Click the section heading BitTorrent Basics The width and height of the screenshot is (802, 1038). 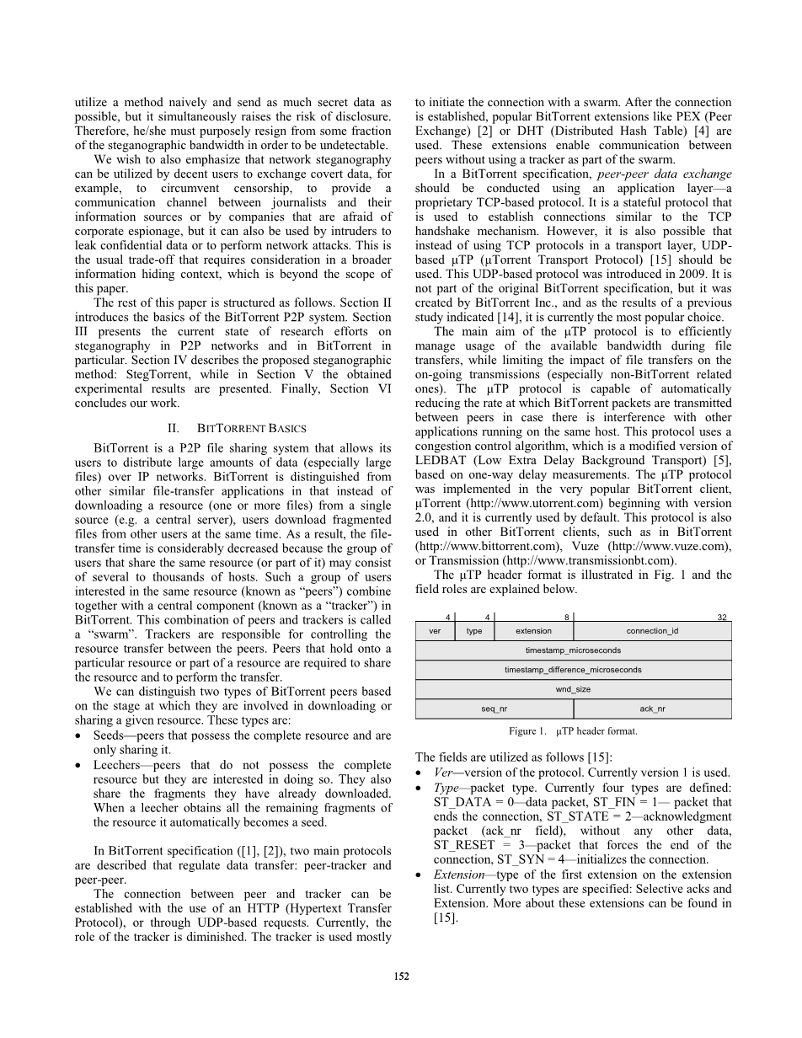[233, 428]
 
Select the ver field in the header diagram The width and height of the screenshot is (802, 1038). [435, 631]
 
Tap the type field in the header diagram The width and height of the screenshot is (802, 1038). [474, 631]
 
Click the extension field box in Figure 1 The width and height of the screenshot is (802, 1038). [533, 631]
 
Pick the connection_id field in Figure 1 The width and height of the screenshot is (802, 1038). [652, 631]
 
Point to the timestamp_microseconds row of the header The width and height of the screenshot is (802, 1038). [573, 650]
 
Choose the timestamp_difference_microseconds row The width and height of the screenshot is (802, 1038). [573, 670]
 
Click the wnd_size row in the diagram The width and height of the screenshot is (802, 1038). [573, 689]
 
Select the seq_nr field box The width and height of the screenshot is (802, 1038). [495, 709]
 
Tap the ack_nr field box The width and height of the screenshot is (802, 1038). [652, 709]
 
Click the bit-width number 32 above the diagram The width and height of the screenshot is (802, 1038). [722, 617]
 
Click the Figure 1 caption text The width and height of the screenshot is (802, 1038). [573, 731]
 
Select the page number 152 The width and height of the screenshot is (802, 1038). [401, 976]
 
